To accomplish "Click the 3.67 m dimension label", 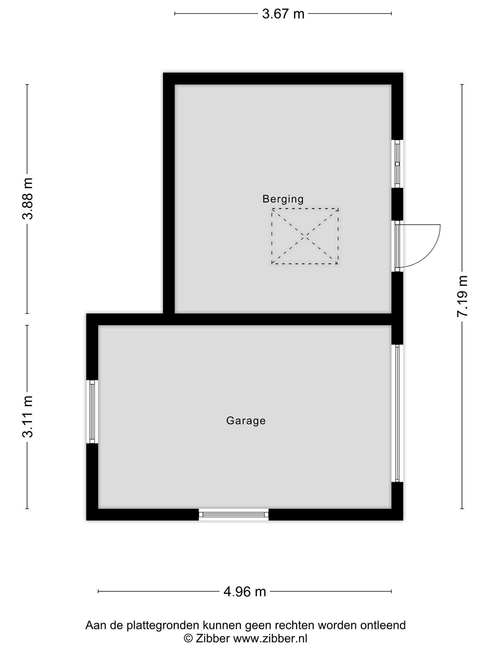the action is pyautogui.click(x=283, y=14).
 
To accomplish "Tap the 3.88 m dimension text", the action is pyautogui.click(x=28, y=199).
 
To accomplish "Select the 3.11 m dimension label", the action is pyautogui.click(x=28, y=417).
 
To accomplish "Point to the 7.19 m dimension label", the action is pyautogui.click(x=462, y=296).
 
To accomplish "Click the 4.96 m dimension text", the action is pyautogui.click(x=244, y=592).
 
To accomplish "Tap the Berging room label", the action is pyautogui.click(x=283, y=199).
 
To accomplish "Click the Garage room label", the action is pyautogui.click(x=246, y=421).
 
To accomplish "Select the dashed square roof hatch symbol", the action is pyautogui.click(x=305, y=236).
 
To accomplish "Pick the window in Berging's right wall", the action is pyautogui.click(x=397, y=164).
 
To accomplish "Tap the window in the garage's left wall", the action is pyautogui.click(x=92, y=412).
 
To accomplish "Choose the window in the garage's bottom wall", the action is pyautogui.click(x=234, y=514).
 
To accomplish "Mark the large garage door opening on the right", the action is pyautogui.click(x=397, y=413).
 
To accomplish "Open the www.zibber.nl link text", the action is pyautogui.click(x=270, y=638).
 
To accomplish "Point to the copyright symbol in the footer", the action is pyautogui.click(x=188, y=638).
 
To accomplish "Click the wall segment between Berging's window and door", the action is pyautogui.click(x=397, y=204).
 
